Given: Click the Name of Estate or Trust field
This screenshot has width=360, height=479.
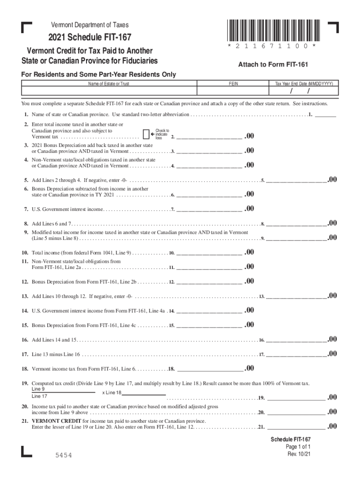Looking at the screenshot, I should point(109,91).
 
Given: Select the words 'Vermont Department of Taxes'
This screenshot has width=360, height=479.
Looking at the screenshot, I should point(90,25).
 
